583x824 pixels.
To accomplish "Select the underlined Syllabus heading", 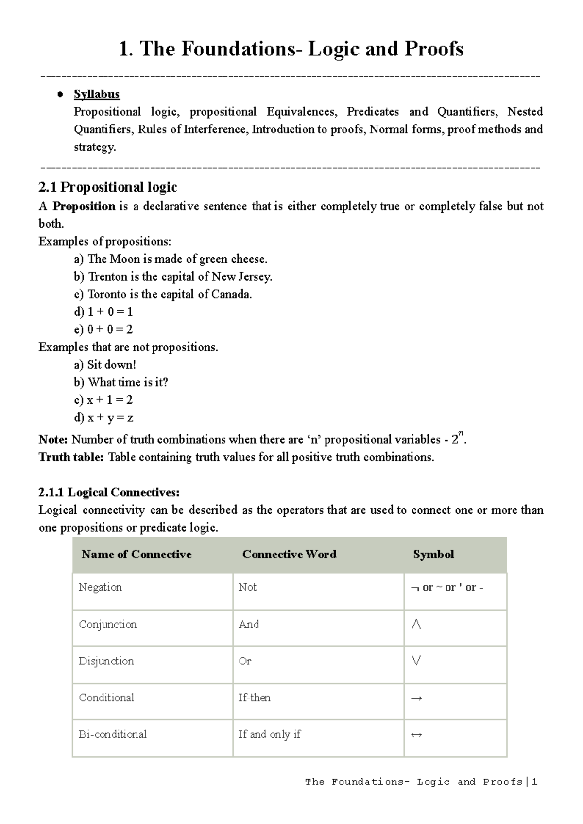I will pos(97,94).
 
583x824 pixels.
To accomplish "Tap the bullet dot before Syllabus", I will pos(60,95).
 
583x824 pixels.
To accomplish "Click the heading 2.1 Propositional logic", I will pos(107,187).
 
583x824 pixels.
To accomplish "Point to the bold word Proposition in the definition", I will pos(84,206).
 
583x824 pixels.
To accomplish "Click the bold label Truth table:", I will pos(71,457).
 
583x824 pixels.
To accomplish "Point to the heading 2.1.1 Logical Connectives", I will pos(109,492).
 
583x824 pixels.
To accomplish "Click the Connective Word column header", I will pos(289,555).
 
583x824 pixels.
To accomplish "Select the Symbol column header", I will pos(433,555).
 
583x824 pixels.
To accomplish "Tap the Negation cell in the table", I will pos(100,587).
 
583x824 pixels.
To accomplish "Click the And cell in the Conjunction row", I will pos(249,624).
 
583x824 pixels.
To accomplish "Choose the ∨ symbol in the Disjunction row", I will pos(416,661).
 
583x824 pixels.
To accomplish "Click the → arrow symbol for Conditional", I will pos(416,699).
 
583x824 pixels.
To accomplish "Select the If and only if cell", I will pos(269,734).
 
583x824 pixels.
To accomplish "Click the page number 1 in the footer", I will pos(535,782).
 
